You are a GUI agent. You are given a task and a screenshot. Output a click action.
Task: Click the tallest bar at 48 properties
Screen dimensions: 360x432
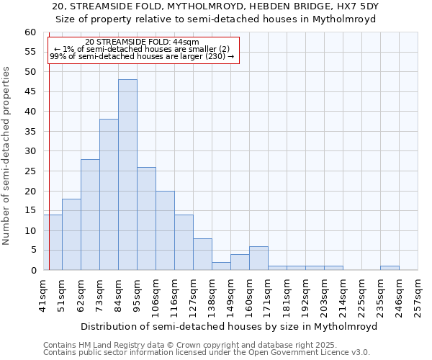pyautogui.click(x=127, y=175)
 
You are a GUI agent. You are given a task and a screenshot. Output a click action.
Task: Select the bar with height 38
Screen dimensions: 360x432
pyautogui.click(x=109, y=194)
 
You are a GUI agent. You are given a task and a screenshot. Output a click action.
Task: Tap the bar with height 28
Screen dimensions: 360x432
pyautogui.click(x=90, y=215)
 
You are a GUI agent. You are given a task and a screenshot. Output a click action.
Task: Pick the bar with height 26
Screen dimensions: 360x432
pyautogui.click(x=146, y=218)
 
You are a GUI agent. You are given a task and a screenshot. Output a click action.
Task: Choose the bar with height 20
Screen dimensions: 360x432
pyautogui.click(x=165, y=230)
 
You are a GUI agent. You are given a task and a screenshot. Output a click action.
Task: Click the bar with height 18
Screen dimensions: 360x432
pyautogui.click(x=71, y=234)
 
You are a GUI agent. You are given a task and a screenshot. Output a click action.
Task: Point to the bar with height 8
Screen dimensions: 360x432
pyautogui.click(x=202, y=254)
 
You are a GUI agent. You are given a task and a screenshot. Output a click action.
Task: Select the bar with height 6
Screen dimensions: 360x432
pyautogui.click(x=258, y=258)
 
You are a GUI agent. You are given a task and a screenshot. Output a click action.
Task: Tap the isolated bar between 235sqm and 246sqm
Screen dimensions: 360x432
pyautogui.click(x=390, y=268)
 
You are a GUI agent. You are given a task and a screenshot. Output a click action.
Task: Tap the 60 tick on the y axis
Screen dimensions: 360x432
pyautogui.click(x=30, y=32)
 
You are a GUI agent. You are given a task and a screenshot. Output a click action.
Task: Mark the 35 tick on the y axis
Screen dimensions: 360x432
pyautogui.click(x=30, y=132)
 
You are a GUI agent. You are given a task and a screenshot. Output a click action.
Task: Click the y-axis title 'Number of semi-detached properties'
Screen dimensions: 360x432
pyautogui.click(x=7, y=156)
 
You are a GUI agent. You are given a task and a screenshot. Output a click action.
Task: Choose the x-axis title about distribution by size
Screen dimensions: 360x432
pyautogui.click(x=229, y=326)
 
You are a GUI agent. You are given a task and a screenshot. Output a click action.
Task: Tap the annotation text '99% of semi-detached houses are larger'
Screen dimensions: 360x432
pyautogui.click(x=142, y=56)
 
